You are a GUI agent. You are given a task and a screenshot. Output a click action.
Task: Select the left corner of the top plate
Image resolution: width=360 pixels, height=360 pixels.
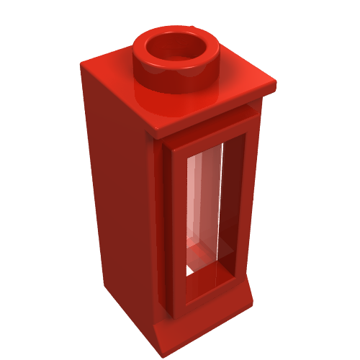click(82, 63)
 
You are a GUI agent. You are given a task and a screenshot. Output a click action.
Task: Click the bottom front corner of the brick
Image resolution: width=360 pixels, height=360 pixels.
click(158, 344)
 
